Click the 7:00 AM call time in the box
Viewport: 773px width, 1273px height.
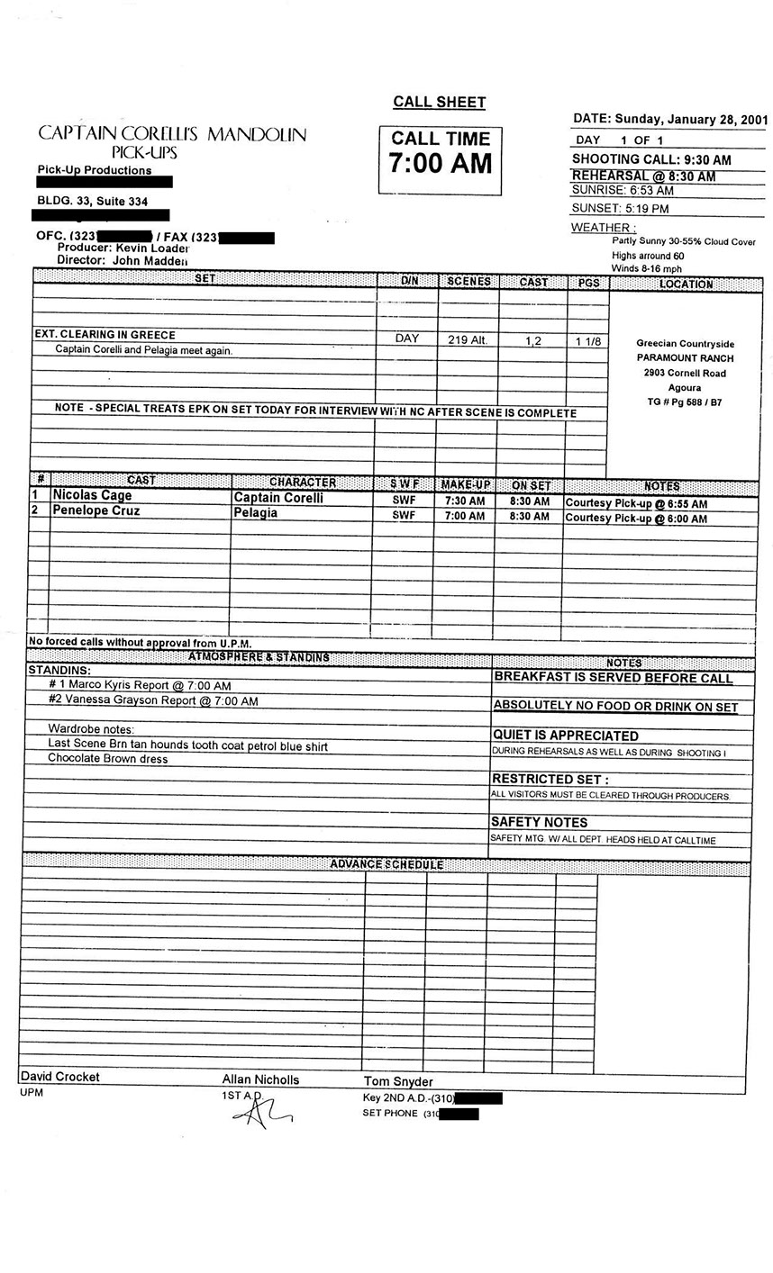pyautogui.click(x=440, y=164)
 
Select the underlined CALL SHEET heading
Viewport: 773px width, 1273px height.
pyautogui.click(x=440, y=103)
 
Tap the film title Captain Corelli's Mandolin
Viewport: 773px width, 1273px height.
pyautogui.click(x=172, y=134)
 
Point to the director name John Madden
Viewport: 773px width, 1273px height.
pyautogui.click(x=150, y=260)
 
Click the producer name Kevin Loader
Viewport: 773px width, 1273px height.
pyautogui.click(x=152, y=248)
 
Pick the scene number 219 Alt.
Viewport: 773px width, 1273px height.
pyautogui.click(x=467, y=340)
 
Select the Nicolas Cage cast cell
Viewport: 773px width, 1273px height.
pyautogui.click(x=92, y=495)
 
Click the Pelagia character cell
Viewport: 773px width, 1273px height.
pyautogui.click(x=256, y=513)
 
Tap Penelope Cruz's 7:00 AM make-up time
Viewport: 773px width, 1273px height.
pyautogui.click(x=464, y=517)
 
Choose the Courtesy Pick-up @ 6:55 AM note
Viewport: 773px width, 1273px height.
pyautogui.click(x=636, y=503)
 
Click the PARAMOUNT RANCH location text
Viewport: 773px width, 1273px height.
pyautogui.click(x=685, y=358)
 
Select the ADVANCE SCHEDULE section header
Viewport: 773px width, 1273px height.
pyautogui.click(x=386, y=864)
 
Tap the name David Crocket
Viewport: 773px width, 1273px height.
pyautogui.click(x=60, y=1077)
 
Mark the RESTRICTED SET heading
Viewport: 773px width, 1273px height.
pyautogui.click(x=550, y=779)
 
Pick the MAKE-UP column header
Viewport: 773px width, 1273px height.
pyautogui.click(x=465, y=484)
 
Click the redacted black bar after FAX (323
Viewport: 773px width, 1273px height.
pyautogui.click(x=246, y=238)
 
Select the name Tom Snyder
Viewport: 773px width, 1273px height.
pyautogui.click(x=398, y=1081)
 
